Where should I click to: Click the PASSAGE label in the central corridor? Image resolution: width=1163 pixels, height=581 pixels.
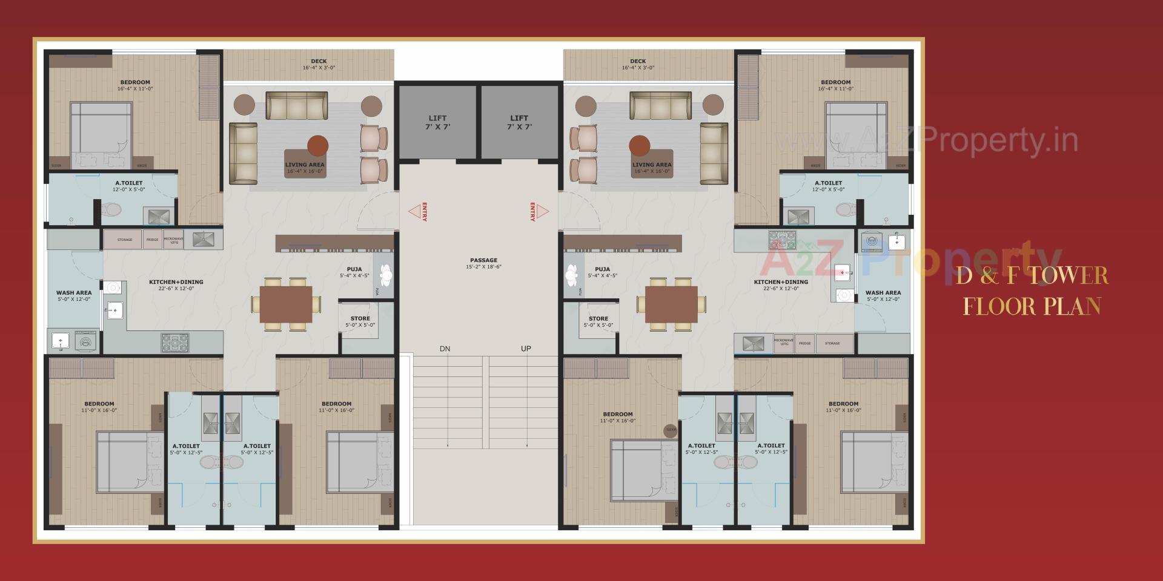(483, 261)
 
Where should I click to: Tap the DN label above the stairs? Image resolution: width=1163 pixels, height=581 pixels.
(445, 349)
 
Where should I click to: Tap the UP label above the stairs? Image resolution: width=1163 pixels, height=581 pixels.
(526, 349)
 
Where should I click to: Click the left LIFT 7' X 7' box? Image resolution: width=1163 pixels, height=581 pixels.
(437, 122)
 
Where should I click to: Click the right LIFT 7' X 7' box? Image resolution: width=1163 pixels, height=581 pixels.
(519, 122)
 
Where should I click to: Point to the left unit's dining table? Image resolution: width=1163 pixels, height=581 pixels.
(286, 304)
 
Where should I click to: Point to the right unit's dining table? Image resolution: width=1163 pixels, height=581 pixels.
(671, 304)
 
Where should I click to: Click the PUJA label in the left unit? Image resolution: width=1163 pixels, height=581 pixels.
(354, 269)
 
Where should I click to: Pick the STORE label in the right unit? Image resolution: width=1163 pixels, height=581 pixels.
(598, 319)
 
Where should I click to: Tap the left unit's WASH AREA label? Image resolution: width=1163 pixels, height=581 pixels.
(74, 293)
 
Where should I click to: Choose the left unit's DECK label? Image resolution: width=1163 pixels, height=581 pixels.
(319, 62)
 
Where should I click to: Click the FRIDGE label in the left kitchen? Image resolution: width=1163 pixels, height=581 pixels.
(152, 240)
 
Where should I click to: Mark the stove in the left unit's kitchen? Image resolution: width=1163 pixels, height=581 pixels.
(174, 343)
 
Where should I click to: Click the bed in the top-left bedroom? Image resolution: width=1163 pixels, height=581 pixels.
(101, 134)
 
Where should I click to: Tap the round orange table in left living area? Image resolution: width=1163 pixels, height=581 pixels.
(317, 146)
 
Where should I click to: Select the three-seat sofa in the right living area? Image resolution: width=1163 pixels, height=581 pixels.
(660, 106)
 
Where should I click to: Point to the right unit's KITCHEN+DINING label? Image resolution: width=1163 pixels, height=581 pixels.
(781, 282)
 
